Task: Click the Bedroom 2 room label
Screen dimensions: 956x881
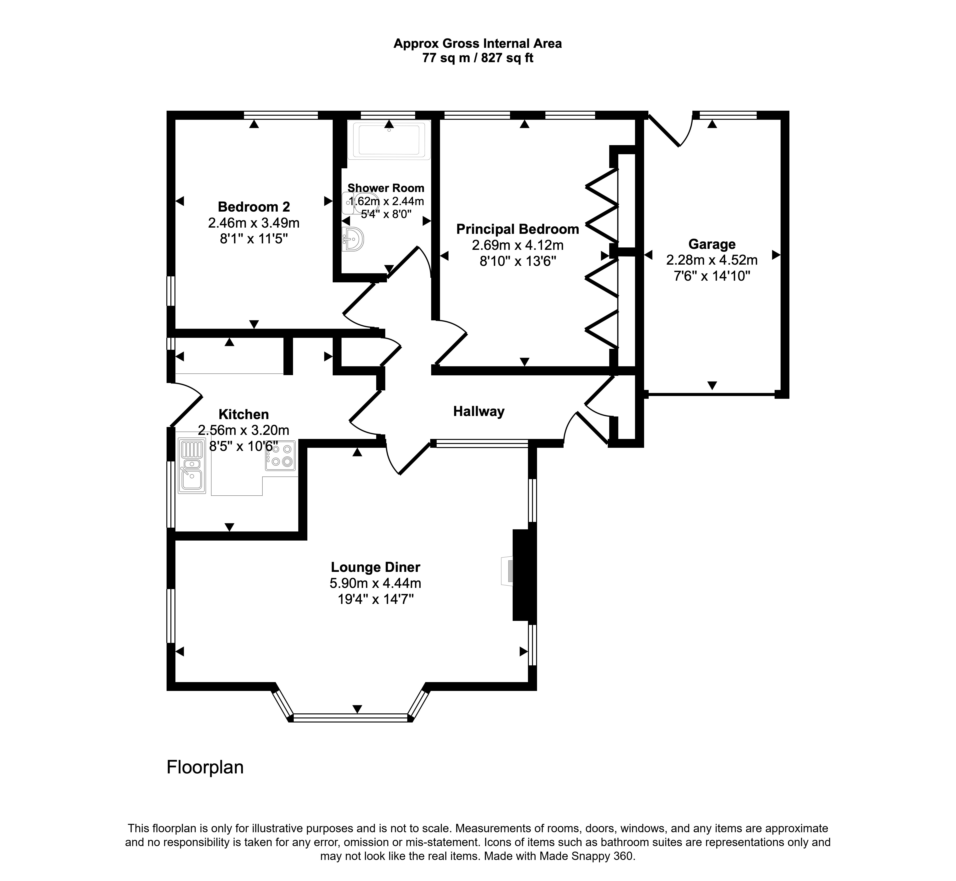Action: click(254, 207)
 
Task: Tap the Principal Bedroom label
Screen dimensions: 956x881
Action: click(518, 229)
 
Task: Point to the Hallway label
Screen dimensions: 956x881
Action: click(478, 411)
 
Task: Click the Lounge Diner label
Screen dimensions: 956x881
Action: click(375, 567)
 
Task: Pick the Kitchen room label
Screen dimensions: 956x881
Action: click(244, 414)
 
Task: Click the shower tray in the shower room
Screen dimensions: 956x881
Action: click(389, 140)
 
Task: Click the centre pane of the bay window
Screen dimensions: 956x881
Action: click(351, 717)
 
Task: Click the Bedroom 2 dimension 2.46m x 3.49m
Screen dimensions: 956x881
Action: click(254, 223)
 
